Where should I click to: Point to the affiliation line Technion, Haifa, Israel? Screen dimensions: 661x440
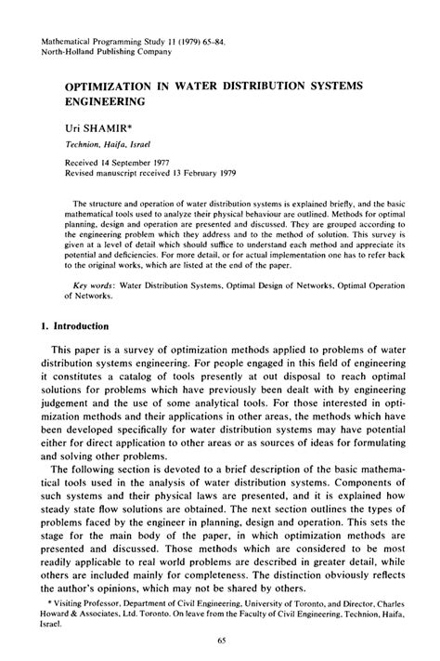(110, 146)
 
